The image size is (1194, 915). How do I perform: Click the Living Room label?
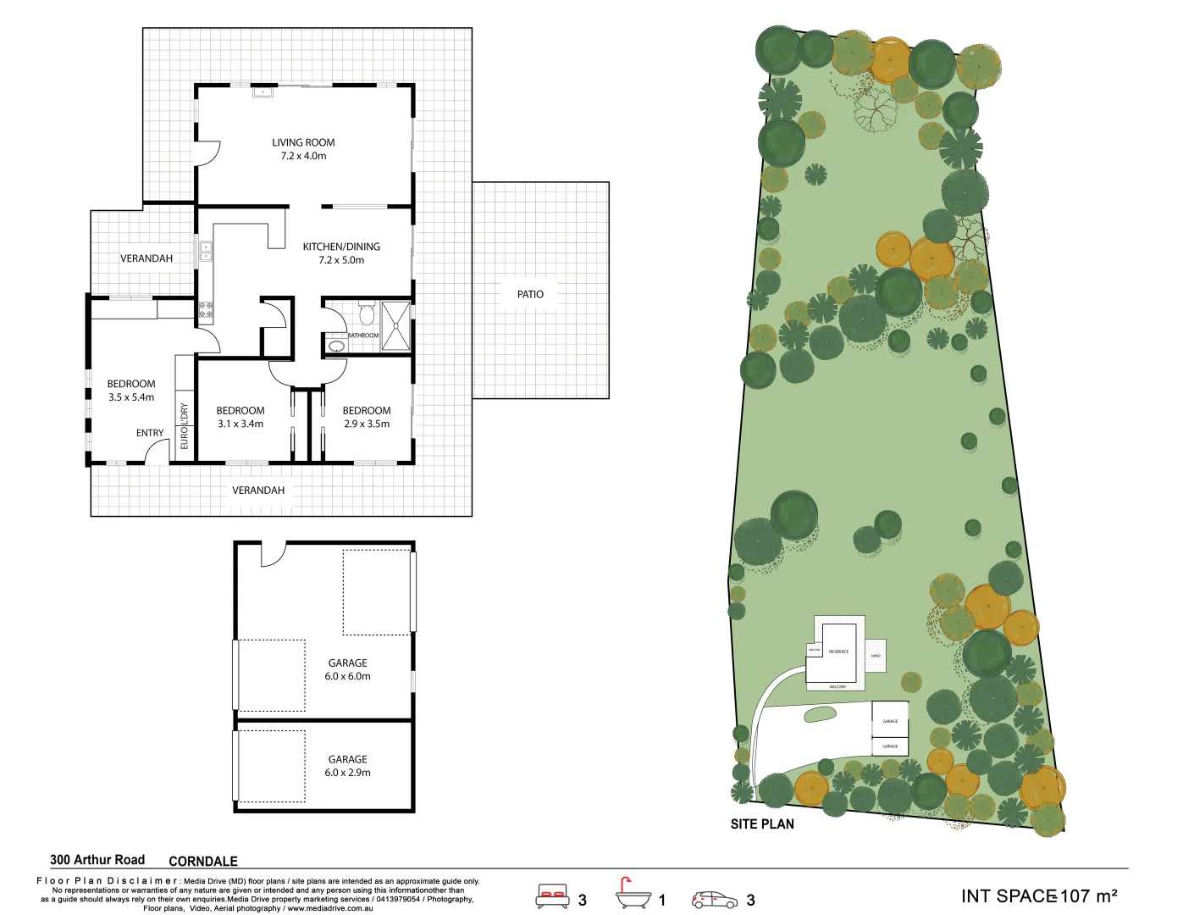pyautogui.click(x=303, y=149)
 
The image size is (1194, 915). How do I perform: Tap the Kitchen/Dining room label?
pyautogui.click(x=341, y=253)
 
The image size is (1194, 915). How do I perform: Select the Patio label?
pyautogui.click(x=530, y=294)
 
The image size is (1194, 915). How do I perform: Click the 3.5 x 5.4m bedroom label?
pyautogui.click(x=131, y=391)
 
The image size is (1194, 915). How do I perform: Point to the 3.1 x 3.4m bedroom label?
pyautogui.click(x=240, y=417)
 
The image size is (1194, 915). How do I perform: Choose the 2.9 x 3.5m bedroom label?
pyautogui.click(x=367, y=417)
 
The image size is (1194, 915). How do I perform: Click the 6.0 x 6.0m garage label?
pyautogui.click(x=347, y=669)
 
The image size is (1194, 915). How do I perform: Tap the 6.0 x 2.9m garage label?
pyautogui.click(x=347, y=766)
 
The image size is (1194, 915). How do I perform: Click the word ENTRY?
pyautogui.click(x=150, y=433)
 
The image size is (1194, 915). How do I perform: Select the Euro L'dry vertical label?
pyautogui.click(x=185, y=425)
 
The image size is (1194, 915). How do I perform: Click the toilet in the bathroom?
pyautogui.click(x=367, y=314)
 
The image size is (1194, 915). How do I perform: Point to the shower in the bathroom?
pyautogui.click(x=395, y=325)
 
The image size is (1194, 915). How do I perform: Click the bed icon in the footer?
pyautogui.click(x=552, y=896)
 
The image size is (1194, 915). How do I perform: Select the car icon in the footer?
pyautogui.click(x=715, y=899)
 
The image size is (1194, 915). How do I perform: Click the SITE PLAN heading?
pyautogui.click(x=762, y=823)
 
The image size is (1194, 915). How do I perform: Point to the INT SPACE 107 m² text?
pyautogui.click(x=1039, y=896)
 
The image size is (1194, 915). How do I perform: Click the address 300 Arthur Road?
pyautogui.click(x=97, y=860)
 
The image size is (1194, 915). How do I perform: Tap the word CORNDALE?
pyautogui.click(x=203, y=861)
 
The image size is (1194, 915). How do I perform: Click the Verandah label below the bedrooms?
pyautogui.click(x=258, y=491)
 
